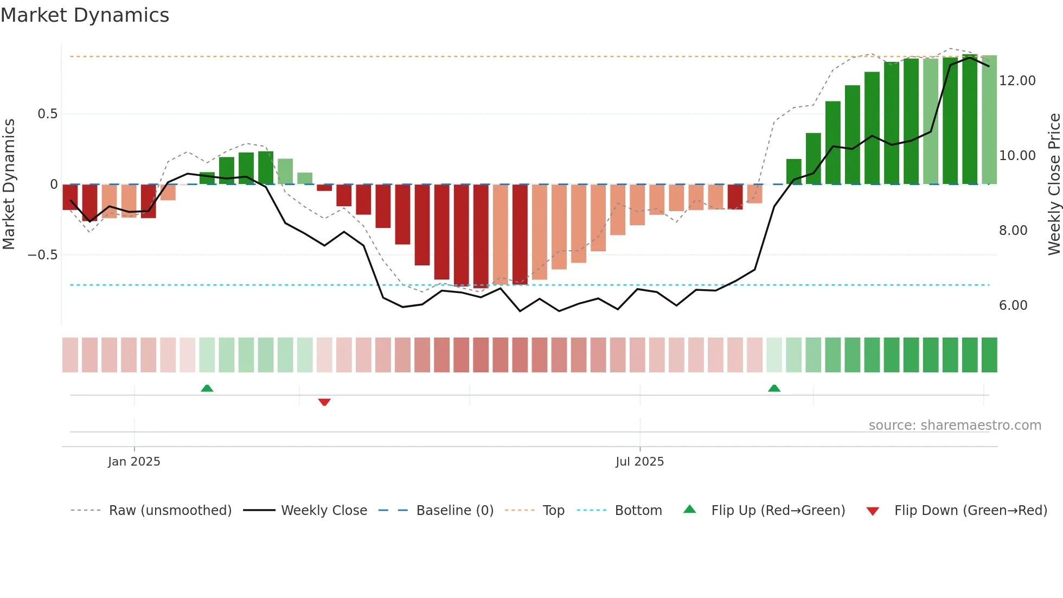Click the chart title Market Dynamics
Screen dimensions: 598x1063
point(85,15)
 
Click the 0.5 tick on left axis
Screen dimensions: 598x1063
point(47,114)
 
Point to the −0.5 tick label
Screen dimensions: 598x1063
point(42,255)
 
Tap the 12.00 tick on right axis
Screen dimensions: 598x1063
point(1017,81)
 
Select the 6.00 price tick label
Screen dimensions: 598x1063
point(1013,306)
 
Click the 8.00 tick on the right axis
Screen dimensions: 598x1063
point(1013,231)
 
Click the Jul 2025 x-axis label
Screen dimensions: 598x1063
point(639,462)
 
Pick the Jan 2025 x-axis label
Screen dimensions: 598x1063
point(134,462)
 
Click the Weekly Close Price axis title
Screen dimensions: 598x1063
point(1054,185)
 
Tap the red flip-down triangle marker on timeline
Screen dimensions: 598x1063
point(324,402)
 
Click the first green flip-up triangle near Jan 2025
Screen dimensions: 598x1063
point(207,388)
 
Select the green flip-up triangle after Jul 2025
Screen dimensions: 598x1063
point(774,388)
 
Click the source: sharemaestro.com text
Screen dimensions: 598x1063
point(955,425)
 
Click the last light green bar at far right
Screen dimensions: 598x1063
point(989,119)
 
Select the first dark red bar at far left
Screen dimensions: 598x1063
point(70,196)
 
